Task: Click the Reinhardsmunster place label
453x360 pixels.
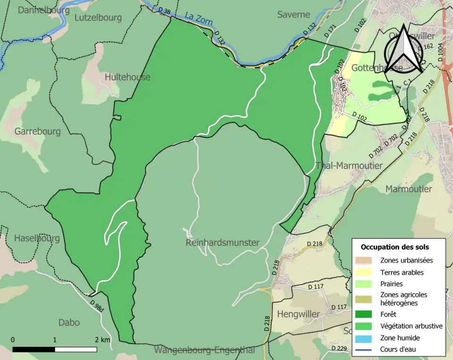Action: [x=223, y=243]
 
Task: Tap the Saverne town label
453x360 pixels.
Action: [x=294, y=15]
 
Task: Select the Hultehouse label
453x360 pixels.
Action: [x=127, y=77]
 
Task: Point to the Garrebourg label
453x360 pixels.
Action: [x=38, y=131]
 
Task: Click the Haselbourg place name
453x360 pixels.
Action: [x=37, y=238]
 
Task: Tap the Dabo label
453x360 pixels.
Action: [x=69, y=323]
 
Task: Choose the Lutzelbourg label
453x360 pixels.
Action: [x=98, y=18]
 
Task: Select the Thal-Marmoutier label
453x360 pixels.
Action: [x=349, y=165]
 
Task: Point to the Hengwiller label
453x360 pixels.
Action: [x=298, y=314]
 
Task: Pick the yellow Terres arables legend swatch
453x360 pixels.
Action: [x=363, y=272]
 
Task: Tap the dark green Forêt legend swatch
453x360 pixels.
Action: [x=363, y=314]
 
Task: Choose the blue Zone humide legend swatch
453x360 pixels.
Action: [x=363, y=338]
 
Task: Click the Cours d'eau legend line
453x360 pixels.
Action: [x=363, y=350]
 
